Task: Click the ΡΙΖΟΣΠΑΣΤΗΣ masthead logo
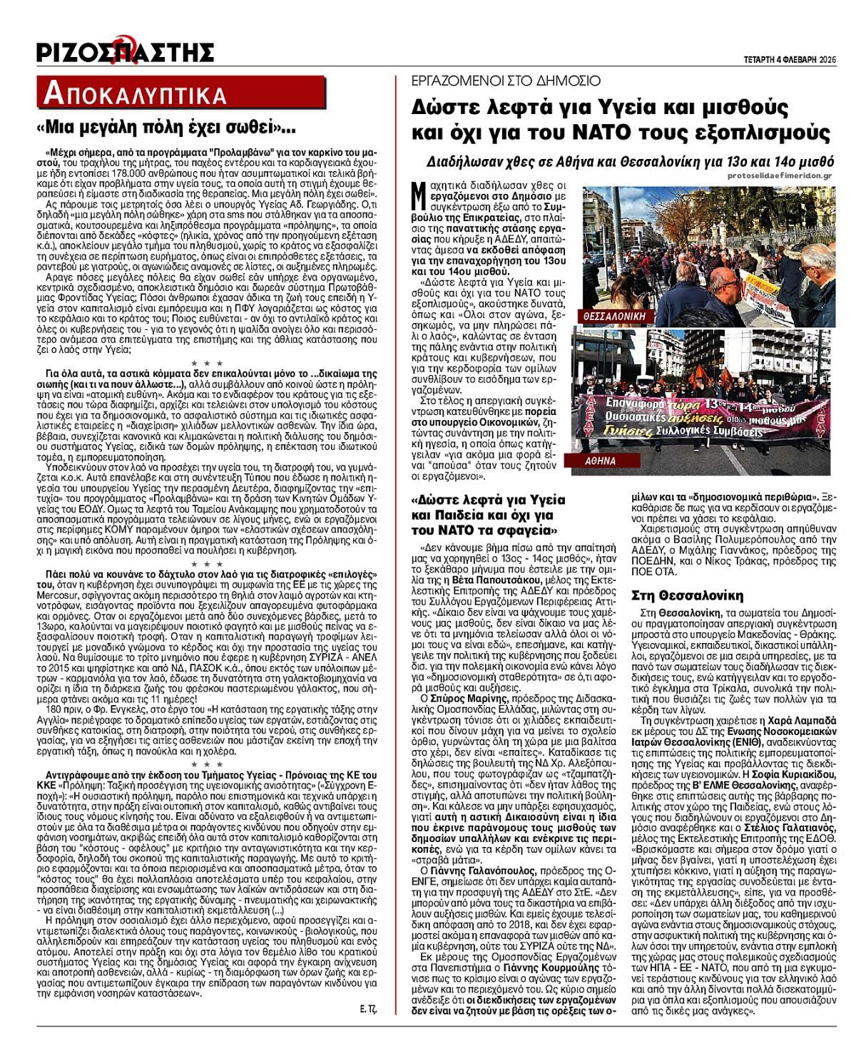point(126,51)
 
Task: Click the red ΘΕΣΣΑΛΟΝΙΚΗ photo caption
point(610,314)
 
